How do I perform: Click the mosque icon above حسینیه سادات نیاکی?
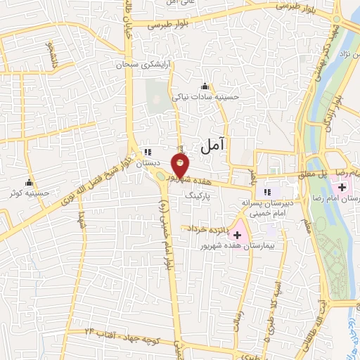coord(205,86)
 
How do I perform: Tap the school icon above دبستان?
coord(147,152)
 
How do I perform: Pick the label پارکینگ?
coord(198,198)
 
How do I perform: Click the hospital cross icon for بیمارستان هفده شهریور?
coord(237,233)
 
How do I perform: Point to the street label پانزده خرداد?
coord(205,229)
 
